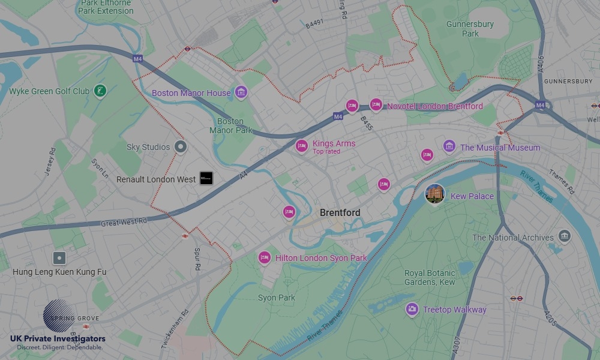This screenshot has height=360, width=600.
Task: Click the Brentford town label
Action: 340,213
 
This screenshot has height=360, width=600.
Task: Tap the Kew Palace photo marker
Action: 435,194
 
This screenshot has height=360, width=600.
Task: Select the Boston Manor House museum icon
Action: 241,92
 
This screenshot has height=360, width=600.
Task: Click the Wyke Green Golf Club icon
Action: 101,91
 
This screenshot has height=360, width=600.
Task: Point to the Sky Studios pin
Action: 180,146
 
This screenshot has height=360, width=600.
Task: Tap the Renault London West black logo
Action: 206,178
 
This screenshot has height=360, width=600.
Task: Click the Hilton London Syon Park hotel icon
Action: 265,257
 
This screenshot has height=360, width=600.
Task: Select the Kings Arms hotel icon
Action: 302,145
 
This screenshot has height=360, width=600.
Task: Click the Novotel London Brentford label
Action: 434,106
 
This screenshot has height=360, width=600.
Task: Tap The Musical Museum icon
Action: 449,146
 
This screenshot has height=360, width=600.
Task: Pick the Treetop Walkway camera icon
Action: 412,309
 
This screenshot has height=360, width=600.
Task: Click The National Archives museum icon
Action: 564,236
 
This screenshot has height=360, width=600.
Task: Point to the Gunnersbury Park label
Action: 470,29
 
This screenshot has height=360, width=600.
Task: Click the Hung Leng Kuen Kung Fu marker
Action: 59,259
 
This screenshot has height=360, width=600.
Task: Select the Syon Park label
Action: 277,298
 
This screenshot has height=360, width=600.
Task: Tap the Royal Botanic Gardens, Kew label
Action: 430,277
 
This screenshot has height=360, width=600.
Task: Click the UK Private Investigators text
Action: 58,339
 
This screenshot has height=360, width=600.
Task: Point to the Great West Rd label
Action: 124,222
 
